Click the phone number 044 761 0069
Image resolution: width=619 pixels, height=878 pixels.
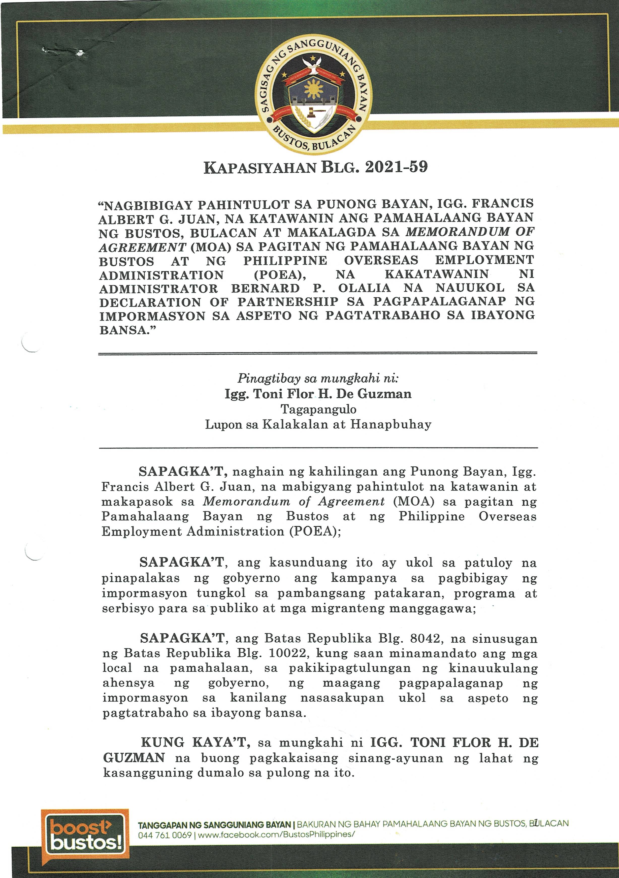165,835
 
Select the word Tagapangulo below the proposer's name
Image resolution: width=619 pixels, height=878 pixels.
318,409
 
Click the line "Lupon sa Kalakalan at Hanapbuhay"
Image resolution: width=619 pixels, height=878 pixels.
318,424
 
